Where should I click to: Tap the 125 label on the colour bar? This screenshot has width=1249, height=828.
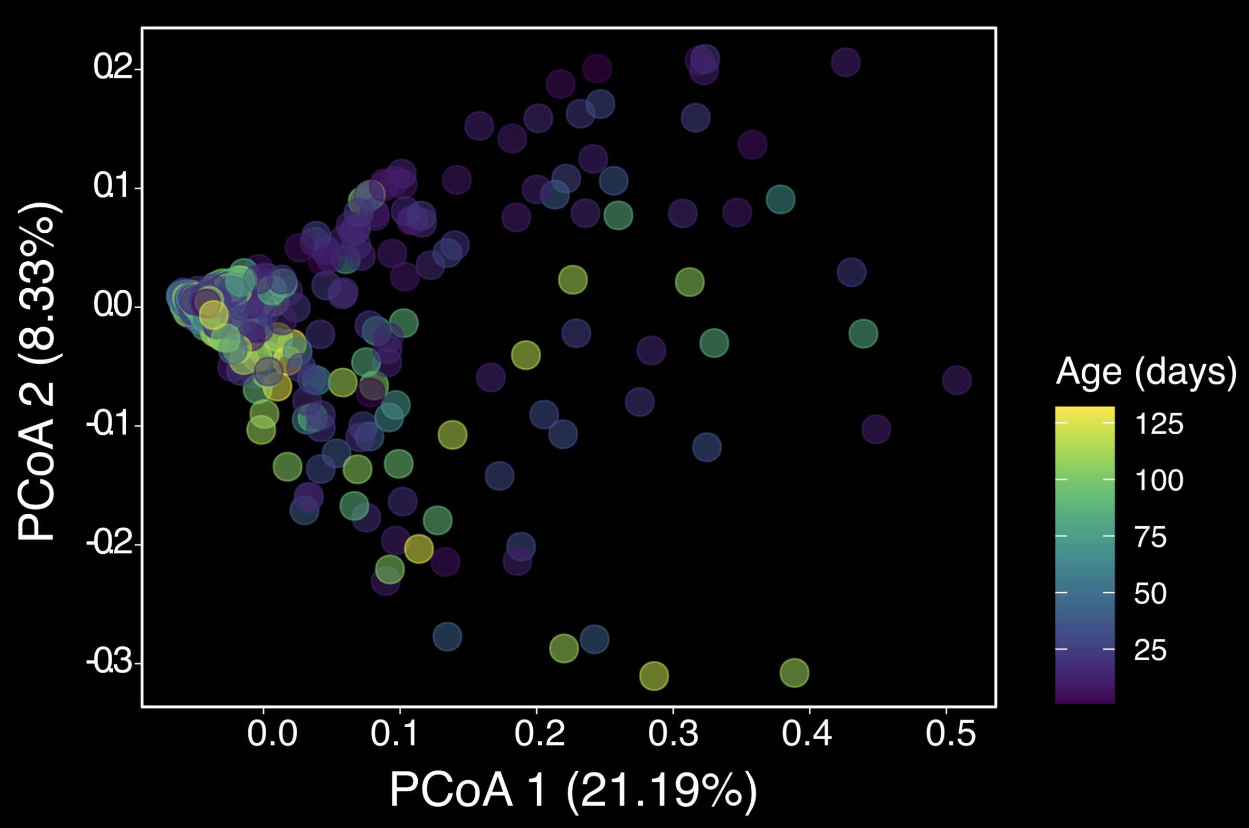point(1159,424)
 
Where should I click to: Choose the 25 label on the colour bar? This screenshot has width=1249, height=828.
point(1150,650)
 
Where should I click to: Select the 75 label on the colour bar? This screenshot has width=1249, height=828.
point(1150,537)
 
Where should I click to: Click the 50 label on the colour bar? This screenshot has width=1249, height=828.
point(1150,594)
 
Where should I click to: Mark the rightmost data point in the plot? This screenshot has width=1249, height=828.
point(956,380)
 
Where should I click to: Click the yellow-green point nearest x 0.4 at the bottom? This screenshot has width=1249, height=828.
point(794,673)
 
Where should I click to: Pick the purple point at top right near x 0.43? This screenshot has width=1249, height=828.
point(845,62)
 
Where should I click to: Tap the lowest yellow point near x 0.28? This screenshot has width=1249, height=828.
point(654,676)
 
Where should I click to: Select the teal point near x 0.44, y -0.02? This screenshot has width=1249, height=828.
point(863,333)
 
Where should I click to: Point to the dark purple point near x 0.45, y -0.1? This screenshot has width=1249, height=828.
point(876,429)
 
